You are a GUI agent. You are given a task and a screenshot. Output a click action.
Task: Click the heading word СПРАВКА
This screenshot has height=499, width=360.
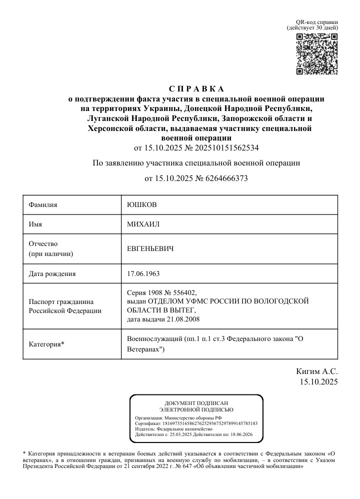click(196, 89)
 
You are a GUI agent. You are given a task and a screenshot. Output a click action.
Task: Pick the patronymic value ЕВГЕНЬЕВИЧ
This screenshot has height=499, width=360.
click(153, 248)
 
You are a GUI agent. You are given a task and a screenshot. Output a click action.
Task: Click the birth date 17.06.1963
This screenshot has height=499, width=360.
click(143, 273)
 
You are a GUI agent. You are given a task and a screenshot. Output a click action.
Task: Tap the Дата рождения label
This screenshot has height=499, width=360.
click(52, 273)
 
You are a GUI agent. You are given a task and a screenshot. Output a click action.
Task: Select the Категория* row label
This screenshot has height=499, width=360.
click(46, 344)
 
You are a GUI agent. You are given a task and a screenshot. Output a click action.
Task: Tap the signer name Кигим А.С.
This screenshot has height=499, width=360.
click(317, 371)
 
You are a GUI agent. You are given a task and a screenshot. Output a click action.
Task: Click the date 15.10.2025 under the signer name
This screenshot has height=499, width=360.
click(319, 382)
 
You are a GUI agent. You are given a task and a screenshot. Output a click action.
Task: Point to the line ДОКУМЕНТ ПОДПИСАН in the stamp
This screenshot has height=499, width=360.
click(196, 403)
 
